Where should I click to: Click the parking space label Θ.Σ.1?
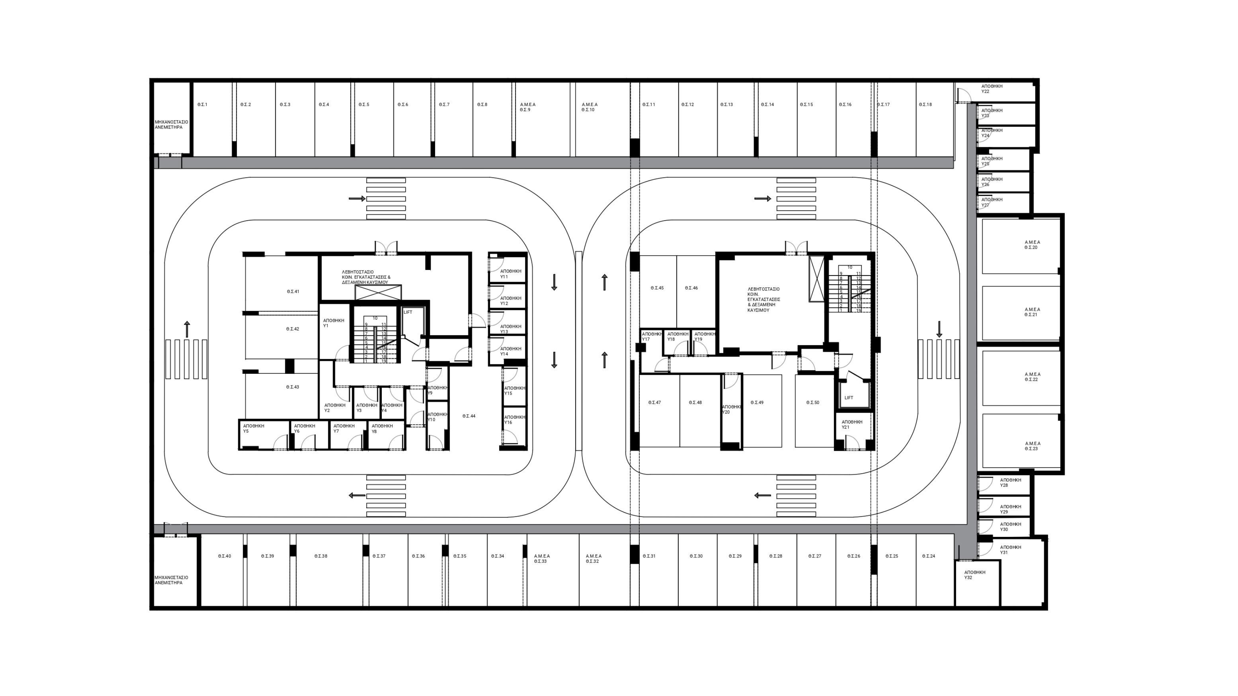(202, 105)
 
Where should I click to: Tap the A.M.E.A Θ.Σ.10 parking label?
(589, 107)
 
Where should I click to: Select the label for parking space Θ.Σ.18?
(925, 105)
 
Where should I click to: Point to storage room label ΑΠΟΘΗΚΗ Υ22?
(992, 89)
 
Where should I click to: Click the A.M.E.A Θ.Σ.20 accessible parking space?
(1032, 245)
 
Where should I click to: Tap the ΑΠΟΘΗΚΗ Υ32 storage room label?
(975, 575)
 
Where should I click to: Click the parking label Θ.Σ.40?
(224, 556)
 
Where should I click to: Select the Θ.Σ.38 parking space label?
(321, 556)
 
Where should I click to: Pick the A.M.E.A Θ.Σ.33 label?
(542, 559)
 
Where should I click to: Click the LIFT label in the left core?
(408, 312)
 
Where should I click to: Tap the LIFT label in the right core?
(849, 398)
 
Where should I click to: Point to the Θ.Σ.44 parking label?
(469, 416)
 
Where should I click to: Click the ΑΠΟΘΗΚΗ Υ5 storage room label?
(253, 428)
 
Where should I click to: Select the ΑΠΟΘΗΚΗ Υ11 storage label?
(510, 274)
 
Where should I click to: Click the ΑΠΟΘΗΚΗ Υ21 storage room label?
(851, 425)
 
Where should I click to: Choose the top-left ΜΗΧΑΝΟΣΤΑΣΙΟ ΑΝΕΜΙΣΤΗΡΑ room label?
(171, 124)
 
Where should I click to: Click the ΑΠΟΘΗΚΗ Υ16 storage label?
(514, 420)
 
